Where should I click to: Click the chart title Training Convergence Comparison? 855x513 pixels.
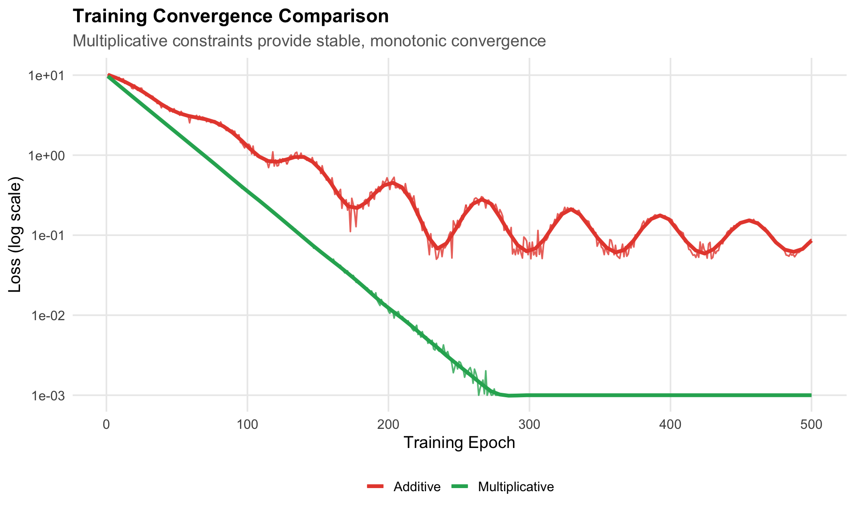[x=231, y=16]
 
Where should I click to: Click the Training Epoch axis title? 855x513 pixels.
[x=459, y=443]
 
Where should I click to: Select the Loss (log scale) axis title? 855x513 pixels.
[x=15, y=235]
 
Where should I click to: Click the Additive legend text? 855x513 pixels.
[x=417, y=487]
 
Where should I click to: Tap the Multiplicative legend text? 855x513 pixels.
[x=516, y=487]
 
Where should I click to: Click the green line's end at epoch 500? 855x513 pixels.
[x=811, y=395]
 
